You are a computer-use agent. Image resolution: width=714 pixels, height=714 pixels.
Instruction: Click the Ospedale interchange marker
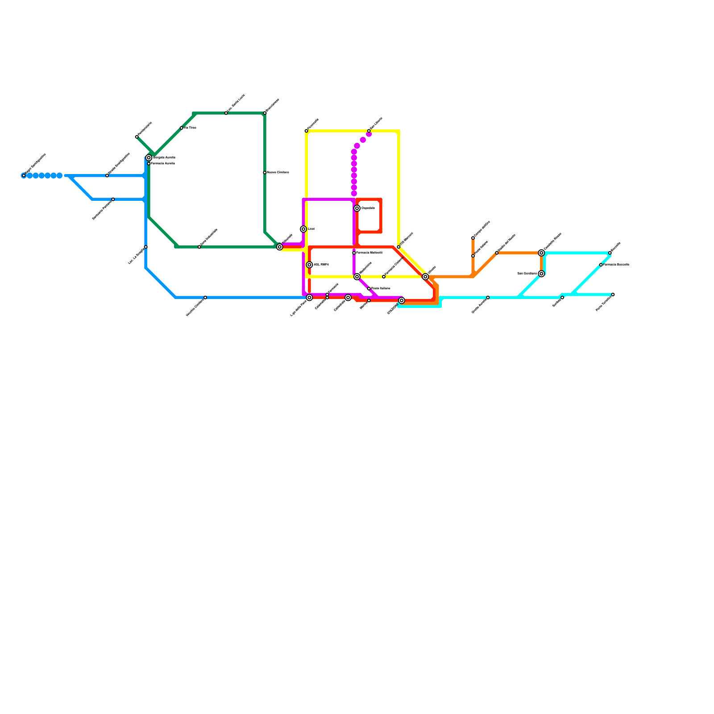point(357,208)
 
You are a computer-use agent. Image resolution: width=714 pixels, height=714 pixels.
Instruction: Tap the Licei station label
point(311,229)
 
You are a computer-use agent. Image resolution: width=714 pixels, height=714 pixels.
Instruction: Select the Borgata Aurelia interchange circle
point(149,158)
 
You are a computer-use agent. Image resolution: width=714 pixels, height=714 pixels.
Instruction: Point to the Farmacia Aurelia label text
point(163,164)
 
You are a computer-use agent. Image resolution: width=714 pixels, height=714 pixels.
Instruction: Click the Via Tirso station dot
point(181,128)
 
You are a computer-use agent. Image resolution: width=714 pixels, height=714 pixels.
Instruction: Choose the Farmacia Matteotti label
point(369,253)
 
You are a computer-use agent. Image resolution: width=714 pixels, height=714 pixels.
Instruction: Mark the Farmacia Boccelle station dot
point(601,265)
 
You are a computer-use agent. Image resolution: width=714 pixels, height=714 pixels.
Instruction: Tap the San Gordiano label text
point(527,274)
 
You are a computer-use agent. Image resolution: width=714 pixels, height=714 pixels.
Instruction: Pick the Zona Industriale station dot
point(199,247)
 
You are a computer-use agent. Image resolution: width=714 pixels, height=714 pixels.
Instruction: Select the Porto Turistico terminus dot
point(613,295)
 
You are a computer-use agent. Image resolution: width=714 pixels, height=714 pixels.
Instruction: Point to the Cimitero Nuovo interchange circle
point(541,253)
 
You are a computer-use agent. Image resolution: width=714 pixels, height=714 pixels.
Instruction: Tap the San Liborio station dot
point(369,131)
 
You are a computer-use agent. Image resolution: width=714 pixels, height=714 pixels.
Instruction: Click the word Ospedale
point(368,208)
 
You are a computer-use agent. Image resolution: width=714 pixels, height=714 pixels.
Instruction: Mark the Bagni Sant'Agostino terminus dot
point(24,176)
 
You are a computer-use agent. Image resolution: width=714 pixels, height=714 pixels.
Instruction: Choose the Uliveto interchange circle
point(425,277)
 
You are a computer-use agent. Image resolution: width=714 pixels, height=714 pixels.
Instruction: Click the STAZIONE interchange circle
point(402,301)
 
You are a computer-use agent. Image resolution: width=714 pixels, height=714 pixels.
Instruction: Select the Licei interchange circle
point(303,229)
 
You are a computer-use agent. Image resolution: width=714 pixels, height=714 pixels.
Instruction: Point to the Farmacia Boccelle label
point(616,265)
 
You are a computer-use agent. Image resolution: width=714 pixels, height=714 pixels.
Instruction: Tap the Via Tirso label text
point(190,128)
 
